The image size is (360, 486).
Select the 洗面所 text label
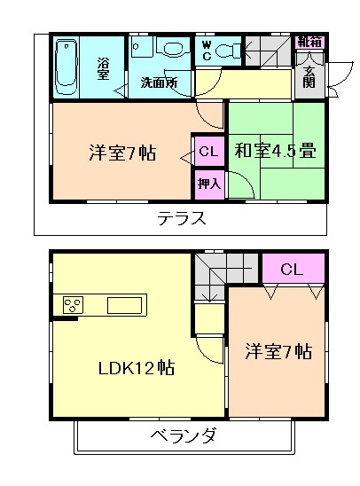tap(159, 83)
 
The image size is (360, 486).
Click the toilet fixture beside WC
tap(230, 50)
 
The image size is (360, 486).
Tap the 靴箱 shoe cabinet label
tap(310, 42)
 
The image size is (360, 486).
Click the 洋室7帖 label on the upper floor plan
tap(122, 152)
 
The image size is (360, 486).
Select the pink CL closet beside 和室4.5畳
tap(208, 152)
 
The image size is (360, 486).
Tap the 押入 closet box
tap(208, 184)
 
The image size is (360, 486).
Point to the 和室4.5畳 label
tap(276, 152)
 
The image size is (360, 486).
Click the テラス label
tap(183, 218)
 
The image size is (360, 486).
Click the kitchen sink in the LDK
tap(123, 306)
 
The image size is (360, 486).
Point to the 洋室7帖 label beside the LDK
tap(278, 350)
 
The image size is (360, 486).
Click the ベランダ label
tap(183, 436)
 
